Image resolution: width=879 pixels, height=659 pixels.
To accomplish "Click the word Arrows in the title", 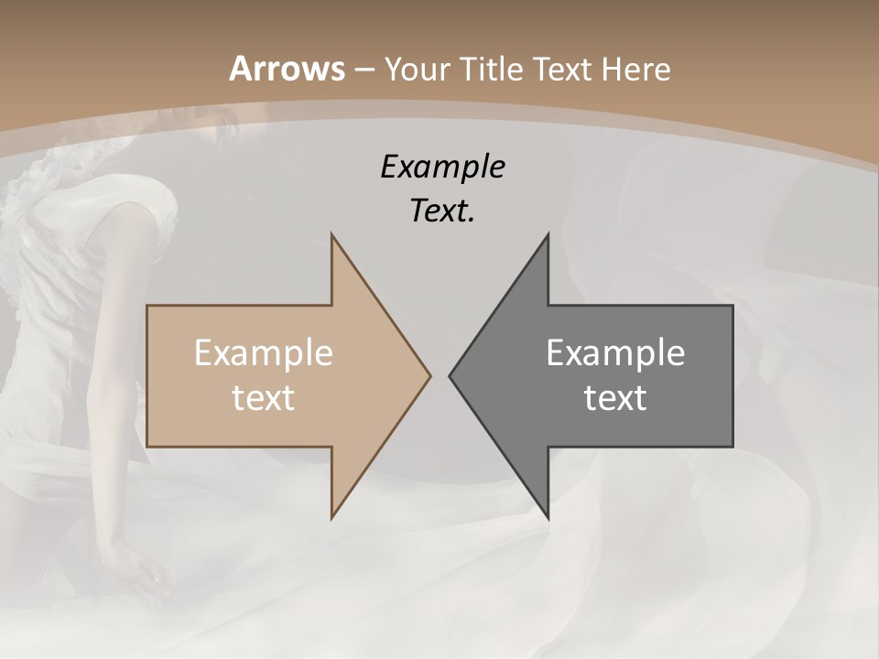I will [x=287, y=69].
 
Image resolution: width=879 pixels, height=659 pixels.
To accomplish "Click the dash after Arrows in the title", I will [x=364, y=70].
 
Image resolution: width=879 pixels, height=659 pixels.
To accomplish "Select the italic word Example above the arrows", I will [x=442, y=167].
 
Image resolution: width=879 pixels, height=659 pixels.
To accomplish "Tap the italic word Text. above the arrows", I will [x=442, y=211].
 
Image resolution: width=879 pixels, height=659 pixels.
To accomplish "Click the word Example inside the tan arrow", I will [x=264, y=352].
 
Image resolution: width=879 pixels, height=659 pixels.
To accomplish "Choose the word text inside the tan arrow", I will [x=264, y=397].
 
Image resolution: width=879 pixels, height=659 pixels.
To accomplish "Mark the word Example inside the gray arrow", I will [x=615, y=352].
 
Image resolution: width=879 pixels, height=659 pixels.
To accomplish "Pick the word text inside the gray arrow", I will [x=615, y=397].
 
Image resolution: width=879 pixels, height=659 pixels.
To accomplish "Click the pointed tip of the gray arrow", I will [x=450, y=375].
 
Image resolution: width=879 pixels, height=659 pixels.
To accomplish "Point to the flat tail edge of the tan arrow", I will [x=148, y=375].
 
